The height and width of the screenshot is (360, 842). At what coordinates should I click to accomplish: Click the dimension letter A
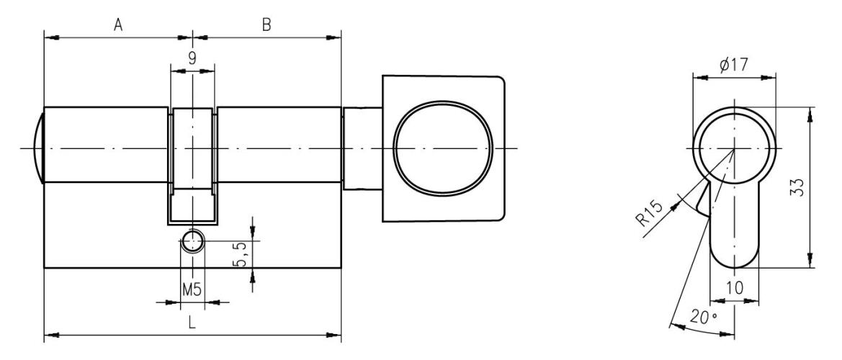coord(118,25)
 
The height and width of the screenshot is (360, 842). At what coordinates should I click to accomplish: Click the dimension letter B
coord(266,25)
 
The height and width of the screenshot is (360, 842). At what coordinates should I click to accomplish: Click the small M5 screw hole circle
coord(192,241)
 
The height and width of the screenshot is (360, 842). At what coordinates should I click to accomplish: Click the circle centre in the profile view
coord(734,149)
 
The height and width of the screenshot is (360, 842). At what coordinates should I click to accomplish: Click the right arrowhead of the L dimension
coord(336,334)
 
